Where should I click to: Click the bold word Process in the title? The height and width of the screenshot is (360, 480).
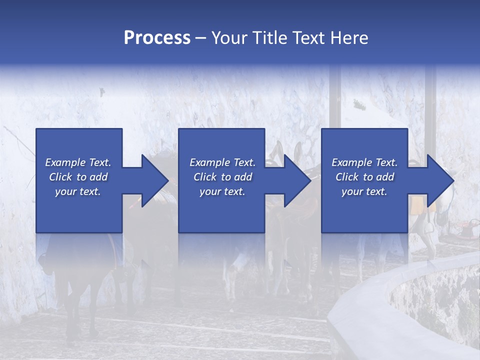tap(157, 38)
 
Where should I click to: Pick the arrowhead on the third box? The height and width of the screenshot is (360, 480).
tap(440, 180)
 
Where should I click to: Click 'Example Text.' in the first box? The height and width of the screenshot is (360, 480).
tap(78, 162)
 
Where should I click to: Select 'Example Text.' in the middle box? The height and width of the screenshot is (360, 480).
tap(222, 162)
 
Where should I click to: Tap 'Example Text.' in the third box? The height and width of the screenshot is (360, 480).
tap(364, 162)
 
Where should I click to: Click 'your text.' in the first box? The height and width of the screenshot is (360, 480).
tap(78, 191)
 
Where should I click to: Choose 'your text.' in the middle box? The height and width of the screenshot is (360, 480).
tap(222, 191)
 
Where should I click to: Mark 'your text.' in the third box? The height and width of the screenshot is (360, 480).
tap(364, 191)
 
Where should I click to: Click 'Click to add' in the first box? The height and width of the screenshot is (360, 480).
tap(78, 177)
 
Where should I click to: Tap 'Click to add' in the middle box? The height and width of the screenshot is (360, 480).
tap(222, 177)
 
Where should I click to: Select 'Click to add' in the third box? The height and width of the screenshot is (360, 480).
tap(364, 177)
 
